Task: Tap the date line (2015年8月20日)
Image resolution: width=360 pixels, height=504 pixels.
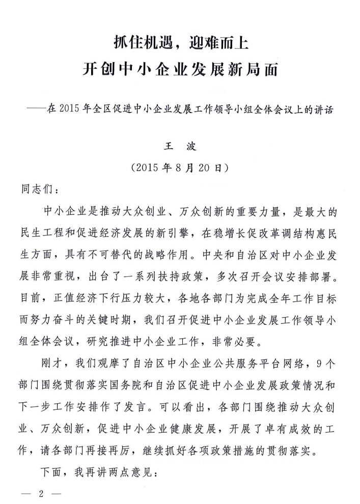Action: pyautogui.click(x=181, y=167)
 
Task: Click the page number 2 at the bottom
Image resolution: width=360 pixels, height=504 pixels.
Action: pyautogui.click(x=39, y=493)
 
